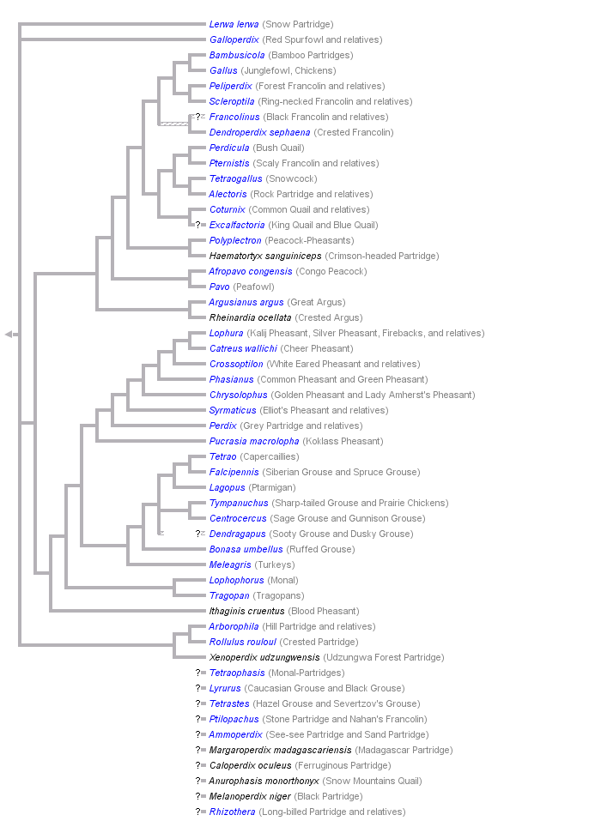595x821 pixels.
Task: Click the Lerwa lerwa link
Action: [x=234, y=24]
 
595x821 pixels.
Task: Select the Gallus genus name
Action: [x=223, y=70]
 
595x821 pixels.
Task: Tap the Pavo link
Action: [x=220, y=287]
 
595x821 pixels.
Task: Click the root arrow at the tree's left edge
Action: [x=9, y=334]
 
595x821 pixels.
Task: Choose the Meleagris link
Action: [x=230, y=564]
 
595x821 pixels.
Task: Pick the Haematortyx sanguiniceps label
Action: [x=265, y=256]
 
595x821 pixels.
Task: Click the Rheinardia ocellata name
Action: [x=250, y=317]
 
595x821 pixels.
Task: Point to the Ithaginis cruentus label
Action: [x=246, y=611]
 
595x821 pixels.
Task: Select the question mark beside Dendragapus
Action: [x=198, y=534]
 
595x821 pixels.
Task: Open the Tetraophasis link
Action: [x=237, y=673]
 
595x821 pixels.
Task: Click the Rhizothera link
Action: [x=232, y=812]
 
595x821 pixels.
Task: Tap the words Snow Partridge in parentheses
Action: [x=298, y=24]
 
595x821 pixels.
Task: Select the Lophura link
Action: [x=227, y=333]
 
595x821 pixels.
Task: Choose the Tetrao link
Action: [x=223, y=456]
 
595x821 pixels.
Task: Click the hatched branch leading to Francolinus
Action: [x=174, y=124]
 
